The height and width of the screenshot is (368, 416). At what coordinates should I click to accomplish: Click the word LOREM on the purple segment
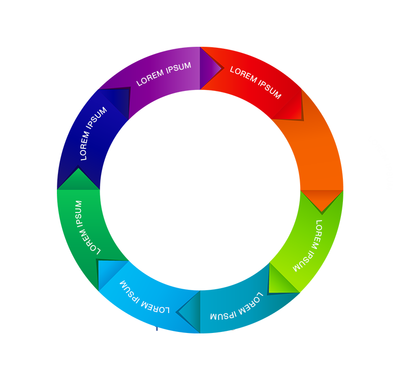pyautogui.click(x=150, y=77)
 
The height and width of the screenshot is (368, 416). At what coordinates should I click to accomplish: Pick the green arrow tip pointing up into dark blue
pyautogui.click(x=77, y=178)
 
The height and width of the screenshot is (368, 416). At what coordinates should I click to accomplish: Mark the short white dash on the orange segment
pyautogui.click(x=339, y=143)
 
